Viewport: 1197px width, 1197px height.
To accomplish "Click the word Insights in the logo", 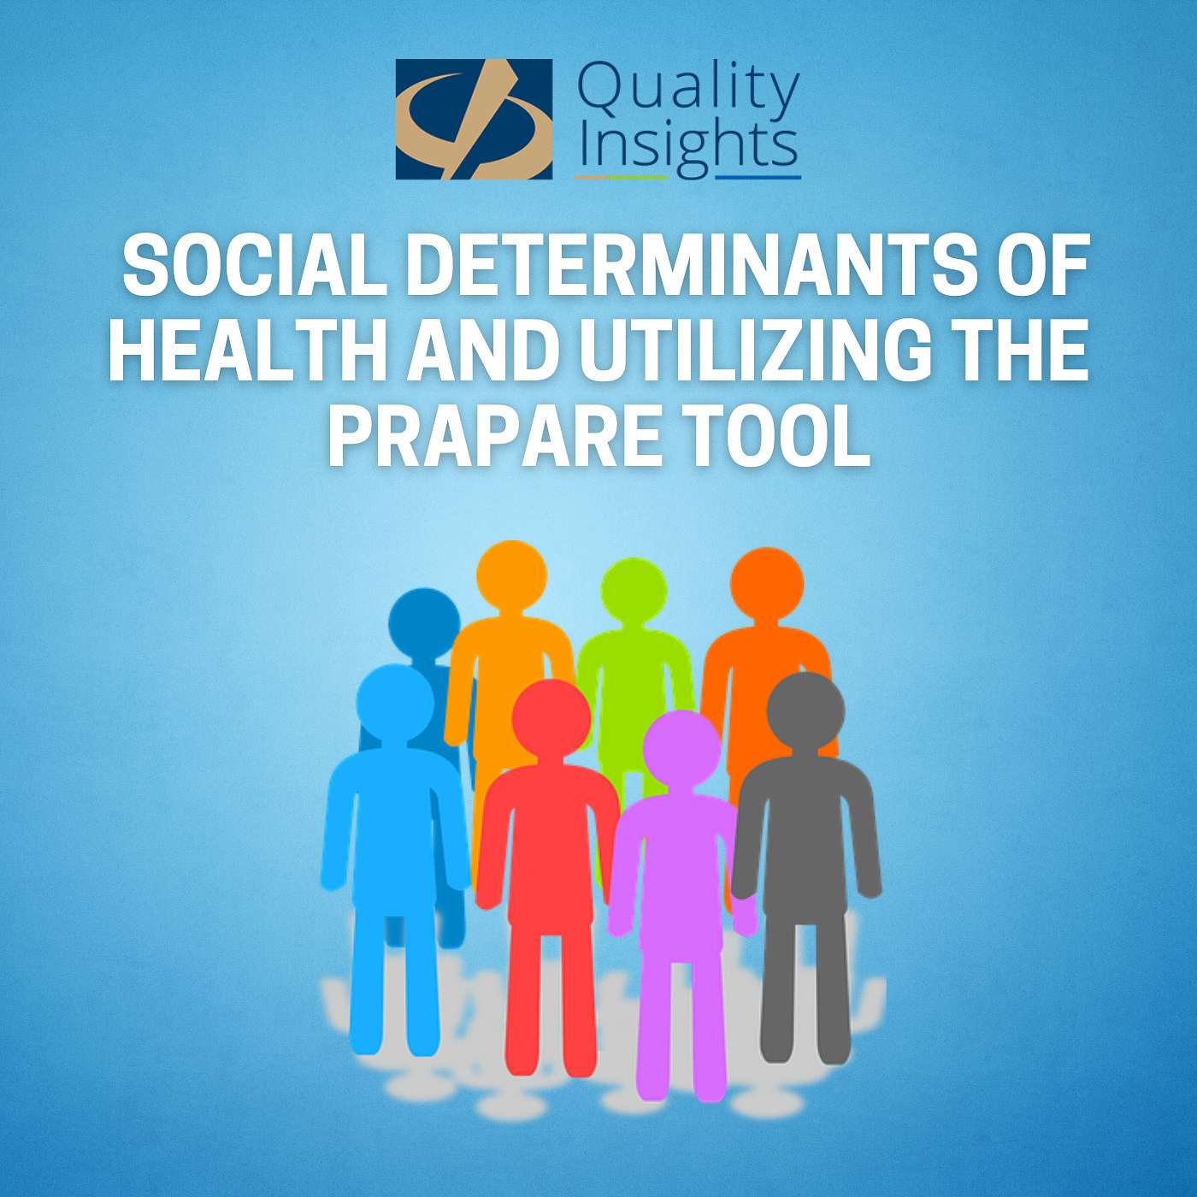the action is (687, 150).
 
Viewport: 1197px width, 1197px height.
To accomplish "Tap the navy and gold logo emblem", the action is (474, 119).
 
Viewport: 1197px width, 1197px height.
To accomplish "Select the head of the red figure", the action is (551, 718).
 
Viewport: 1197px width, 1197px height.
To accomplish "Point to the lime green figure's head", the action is (634, 591).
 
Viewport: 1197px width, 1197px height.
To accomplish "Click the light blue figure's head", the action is (394, 702).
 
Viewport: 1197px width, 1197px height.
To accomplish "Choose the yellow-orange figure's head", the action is (511, 575).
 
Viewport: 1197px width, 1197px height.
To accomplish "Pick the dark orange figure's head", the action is (767, 584).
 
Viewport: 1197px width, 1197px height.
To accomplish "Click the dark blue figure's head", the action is (424, 623).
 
